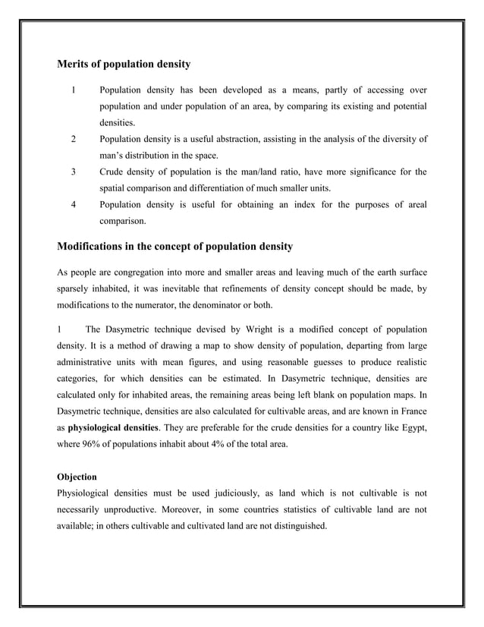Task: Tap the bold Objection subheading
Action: [x=77, y=477]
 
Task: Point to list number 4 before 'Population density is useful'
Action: [x=73, y=205]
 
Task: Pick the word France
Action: [x=410, y=411]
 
